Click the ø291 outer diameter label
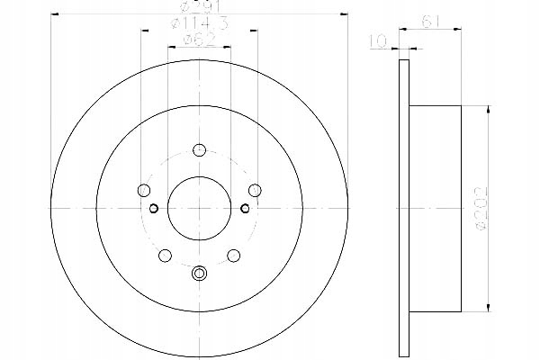(199, 7)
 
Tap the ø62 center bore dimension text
(199, 40)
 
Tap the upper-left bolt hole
(143, 190)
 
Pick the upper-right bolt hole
(256, 190)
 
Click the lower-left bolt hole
(165, 256)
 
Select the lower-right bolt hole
(234, 256)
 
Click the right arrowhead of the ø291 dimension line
(344, 14)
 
